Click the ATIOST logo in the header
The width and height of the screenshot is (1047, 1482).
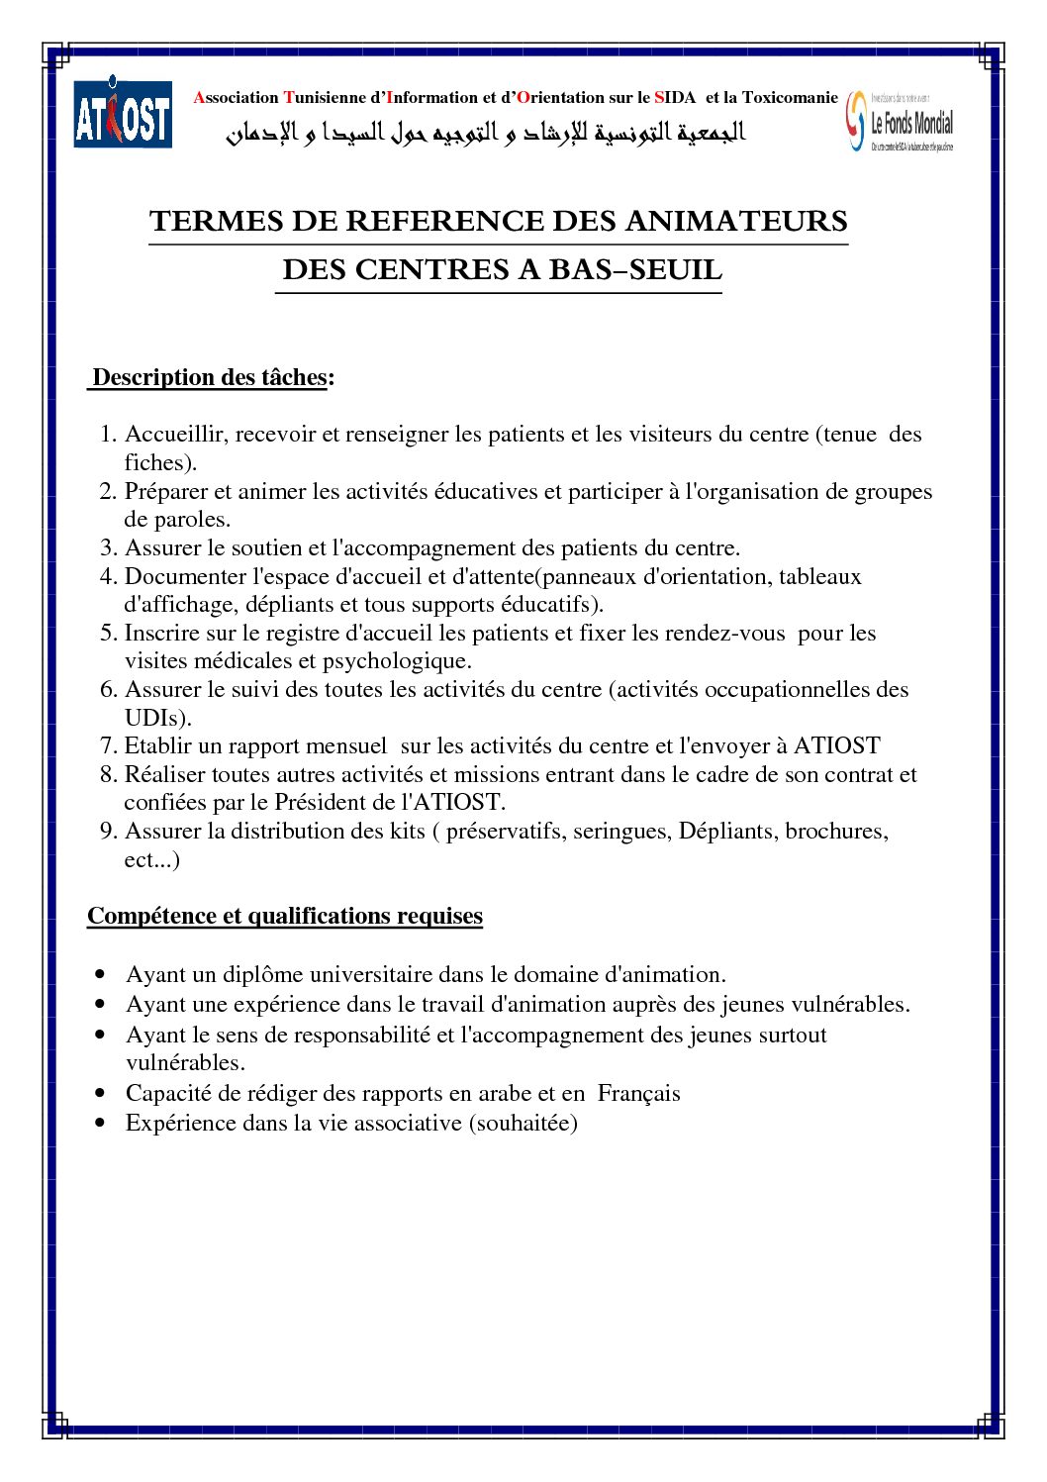[x=123, y=114]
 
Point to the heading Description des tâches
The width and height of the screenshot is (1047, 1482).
[x=209, y=377]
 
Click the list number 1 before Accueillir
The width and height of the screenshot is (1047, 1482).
[x=108, y=434]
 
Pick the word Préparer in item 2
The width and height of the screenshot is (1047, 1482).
[x=166, y=491]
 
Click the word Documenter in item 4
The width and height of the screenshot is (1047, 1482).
[x=186, y=576]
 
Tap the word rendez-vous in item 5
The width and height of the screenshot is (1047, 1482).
[x=724, y=633]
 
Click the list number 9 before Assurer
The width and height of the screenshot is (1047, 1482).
[x=108, y=831]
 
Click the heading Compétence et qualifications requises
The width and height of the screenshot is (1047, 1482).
[x=285, y=916]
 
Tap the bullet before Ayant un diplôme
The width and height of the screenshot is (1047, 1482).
[x=100, y=975]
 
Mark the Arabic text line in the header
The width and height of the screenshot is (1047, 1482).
[x=485, y=133]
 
